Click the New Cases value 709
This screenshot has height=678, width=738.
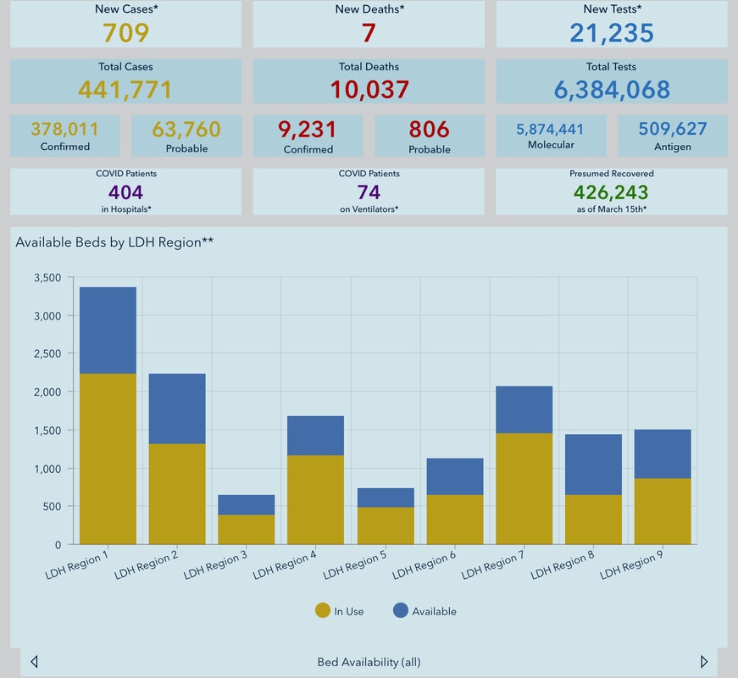coord(125,32)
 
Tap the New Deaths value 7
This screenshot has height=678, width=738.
coord(369,32)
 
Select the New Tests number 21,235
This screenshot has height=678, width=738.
coord(612,32)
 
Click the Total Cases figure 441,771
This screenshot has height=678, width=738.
coord(125,89)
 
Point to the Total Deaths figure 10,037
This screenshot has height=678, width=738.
coord(369,89)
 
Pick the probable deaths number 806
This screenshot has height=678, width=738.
coord(429,130)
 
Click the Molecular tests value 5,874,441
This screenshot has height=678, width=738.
coord(551,130)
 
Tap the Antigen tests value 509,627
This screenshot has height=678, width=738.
coord(673,130)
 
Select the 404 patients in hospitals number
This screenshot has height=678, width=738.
coord(125,192)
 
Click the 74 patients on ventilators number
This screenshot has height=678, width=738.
coord(369,192)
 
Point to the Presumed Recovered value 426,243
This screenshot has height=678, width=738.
coord(612,192)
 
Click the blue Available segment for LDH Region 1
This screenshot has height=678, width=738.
coord(108,331)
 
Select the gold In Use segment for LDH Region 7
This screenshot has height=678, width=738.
coord(524,488)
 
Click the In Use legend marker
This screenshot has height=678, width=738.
coord(323,610)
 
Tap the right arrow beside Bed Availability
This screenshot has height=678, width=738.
coord(704,662)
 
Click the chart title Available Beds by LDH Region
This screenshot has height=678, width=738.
coord(114,242)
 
